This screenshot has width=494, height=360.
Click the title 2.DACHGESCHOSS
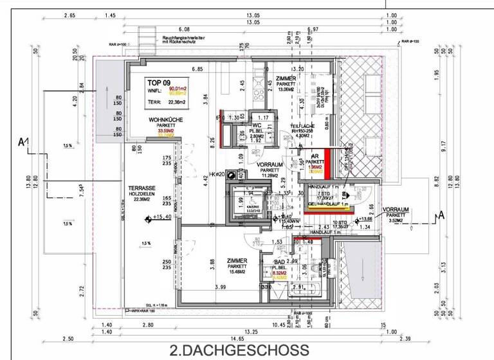coord(239,350)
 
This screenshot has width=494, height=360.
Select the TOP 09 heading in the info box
coord(160,82)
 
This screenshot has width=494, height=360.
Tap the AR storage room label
coord(315,156)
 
